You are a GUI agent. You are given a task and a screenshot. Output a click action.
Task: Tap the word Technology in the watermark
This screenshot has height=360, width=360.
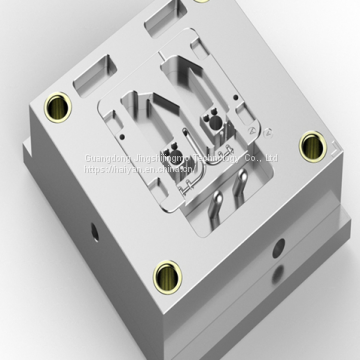[x=224, y=157]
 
